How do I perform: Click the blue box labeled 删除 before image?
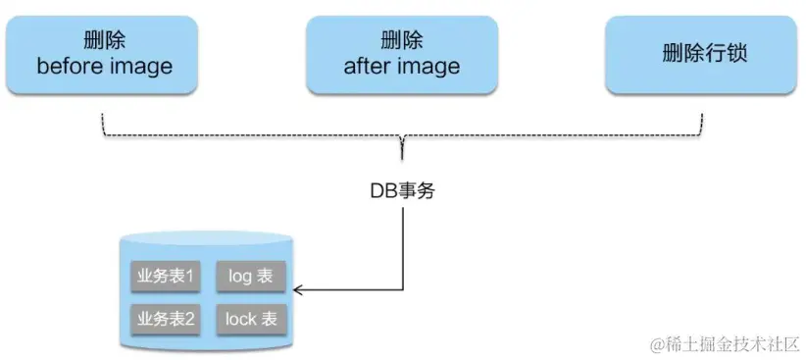click(104, 55)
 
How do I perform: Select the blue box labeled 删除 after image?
click(401, 55)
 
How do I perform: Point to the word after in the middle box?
click(369, 67)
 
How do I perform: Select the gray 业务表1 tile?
click(165, 277)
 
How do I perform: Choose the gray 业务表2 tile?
click(165, 318)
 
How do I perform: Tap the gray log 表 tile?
click(250, 277)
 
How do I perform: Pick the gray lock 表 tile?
click(250, 318)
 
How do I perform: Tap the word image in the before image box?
click(138, 67)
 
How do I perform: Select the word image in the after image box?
click(428, 67)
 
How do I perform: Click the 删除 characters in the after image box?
click(401, 41)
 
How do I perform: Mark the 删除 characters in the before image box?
click(104, 41)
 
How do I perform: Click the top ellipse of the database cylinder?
click(205, 241)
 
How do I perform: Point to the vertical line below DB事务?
click(402, 245)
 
